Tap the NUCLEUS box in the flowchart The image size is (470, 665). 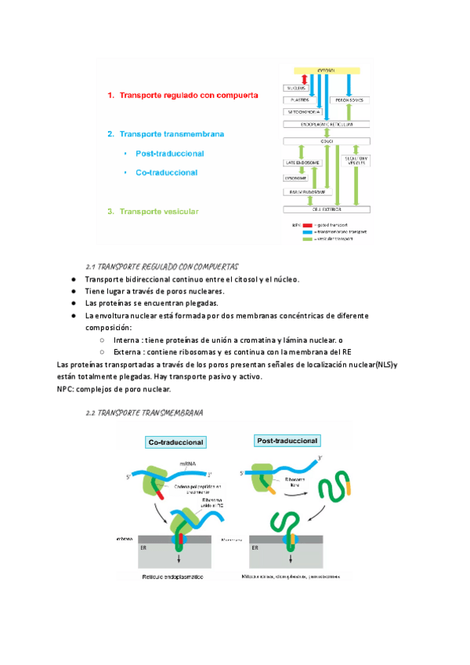pyautogui.click(x=295, y=88)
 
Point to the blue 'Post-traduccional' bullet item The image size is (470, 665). pyautogui.click(x=169, y=153)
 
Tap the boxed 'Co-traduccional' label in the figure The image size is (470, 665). pyautogui.click(x=177, y=442)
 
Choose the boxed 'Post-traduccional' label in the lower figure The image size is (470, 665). pyautogui.click(x=285, y=442)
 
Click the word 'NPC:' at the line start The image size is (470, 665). pyautogui.click(x=68, y=389)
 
